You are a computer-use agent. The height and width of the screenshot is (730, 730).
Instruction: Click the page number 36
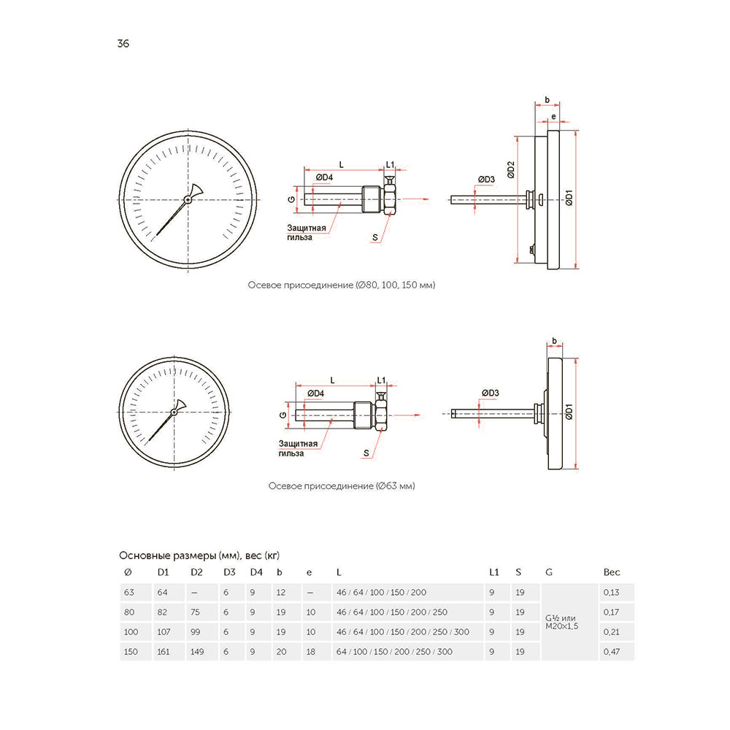click(123, 44)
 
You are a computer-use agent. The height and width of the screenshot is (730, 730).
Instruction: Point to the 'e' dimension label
click(553, 117)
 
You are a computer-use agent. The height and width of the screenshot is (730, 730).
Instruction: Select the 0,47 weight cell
click(610, 651)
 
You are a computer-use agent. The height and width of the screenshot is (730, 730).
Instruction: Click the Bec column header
click(612, 572)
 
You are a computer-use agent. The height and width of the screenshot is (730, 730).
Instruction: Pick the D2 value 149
click(196, 651)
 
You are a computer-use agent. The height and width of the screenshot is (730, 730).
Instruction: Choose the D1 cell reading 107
click(165, 631)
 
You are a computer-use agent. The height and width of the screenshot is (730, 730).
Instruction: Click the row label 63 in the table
click(129, 592)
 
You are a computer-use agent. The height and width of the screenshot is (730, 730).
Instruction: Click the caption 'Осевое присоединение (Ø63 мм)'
click(342, 485)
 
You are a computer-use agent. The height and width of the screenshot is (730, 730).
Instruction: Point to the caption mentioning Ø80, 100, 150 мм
click(342, 285)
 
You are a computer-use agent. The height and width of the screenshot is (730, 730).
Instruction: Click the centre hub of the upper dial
click(189, 199)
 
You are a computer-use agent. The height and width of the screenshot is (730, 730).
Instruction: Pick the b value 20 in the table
click(281, 651)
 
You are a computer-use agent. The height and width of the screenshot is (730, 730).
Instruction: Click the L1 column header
click(493, 572)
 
